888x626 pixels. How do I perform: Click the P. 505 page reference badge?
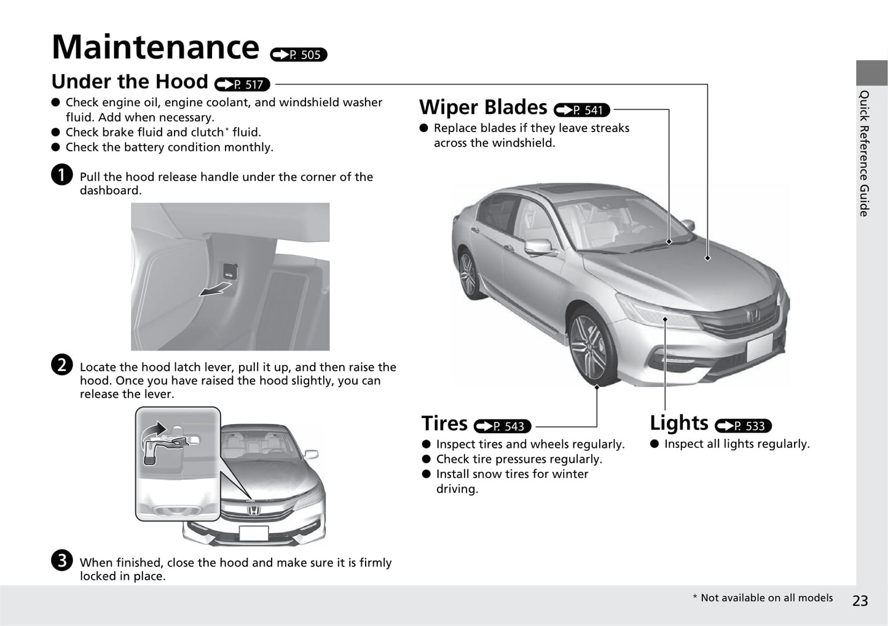299,55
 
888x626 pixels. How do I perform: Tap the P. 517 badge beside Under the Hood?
243,84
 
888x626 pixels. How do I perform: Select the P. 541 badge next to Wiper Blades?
581,110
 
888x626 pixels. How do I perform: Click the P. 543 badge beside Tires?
502,426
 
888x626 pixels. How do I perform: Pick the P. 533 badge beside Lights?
743,426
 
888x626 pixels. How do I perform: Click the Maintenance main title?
155,47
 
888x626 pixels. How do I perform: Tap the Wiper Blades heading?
483,108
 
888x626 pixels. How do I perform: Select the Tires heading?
444,423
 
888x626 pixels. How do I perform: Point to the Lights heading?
678,423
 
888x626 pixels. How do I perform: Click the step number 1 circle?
62,174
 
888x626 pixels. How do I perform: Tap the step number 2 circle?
62,365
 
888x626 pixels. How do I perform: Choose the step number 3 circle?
62,560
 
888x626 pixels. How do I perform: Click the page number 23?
860,600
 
